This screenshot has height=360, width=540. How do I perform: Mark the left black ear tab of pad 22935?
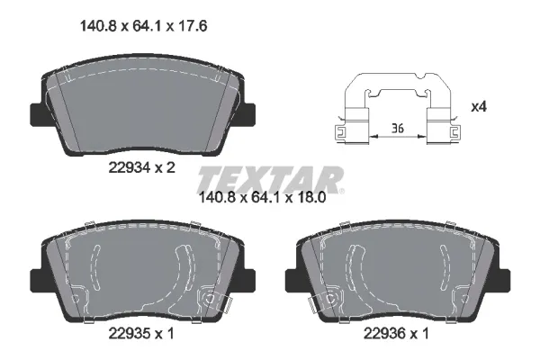pos(38,281)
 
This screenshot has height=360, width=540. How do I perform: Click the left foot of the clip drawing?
pos(346,132)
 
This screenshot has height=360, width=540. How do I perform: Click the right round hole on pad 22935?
pos(210,298)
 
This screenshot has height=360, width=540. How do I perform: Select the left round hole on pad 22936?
pos(332,298)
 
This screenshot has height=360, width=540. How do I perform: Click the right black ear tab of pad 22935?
pos(248,281)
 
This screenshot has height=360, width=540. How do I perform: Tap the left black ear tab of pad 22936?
pos(292,281)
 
